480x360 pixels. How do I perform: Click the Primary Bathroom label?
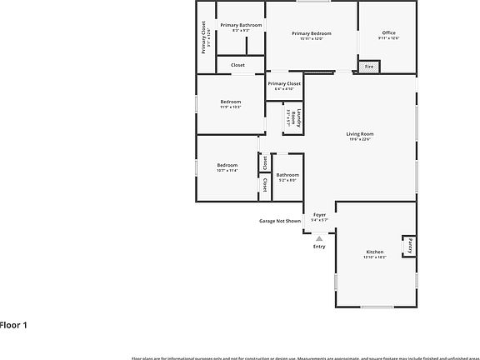click(241, 26)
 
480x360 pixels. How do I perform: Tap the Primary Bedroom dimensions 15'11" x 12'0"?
click(312, 38)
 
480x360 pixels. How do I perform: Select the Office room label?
click(388, 32)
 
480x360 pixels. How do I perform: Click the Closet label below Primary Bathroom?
click(237, 64)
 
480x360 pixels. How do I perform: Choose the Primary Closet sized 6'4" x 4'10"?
click(284, 84)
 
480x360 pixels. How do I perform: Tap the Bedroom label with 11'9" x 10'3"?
click(230, 102)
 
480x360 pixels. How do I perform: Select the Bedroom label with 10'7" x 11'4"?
click(227, 165)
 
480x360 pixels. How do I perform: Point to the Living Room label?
click(360, 133)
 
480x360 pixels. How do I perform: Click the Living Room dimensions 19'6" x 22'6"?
click(360, 139)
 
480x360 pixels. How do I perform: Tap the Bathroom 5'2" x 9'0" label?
click(287, 175)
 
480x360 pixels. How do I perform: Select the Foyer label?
click(319, 215)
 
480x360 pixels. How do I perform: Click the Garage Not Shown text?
click(280, 221)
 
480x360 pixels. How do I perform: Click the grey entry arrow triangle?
click(318, 237)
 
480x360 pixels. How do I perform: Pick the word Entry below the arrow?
click(319, 246)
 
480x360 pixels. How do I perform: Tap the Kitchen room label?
click(375, 252)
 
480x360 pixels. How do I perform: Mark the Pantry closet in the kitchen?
click(410, 247)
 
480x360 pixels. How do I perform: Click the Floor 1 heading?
click(14, 324)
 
